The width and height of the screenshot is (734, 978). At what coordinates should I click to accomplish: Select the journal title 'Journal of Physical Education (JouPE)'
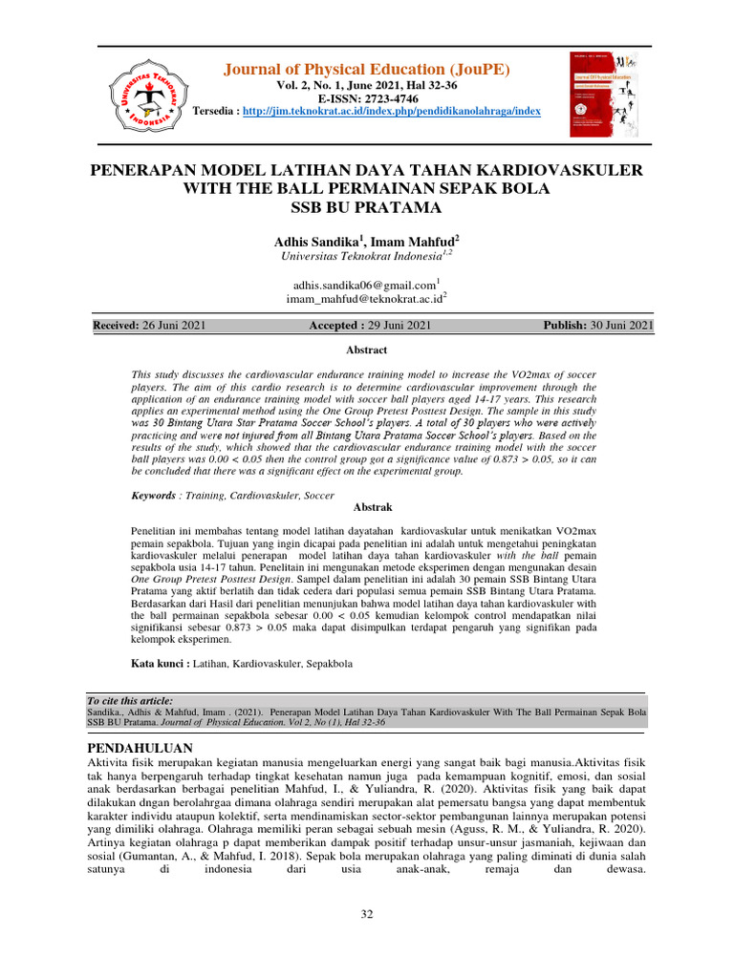[367, 70]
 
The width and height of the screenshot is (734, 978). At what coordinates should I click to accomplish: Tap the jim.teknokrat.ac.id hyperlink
[391, 112]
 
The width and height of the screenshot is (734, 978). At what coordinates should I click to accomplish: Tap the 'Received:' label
[116, 326]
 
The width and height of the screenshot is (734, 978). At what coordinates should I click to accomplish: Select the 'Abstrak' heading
[367, 507]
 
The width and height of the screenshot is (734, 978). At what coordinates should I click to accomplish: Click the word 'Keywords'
[153, 496]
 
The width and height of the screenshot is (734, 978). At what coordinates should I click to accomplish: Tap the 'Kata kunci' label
[159, 661]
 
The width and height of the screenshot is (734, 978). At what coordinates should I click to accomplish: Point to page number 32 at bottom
[366, 916]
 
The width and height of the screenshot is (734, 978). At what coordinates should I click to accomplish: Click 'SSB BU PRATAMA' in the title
[366, 207]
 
